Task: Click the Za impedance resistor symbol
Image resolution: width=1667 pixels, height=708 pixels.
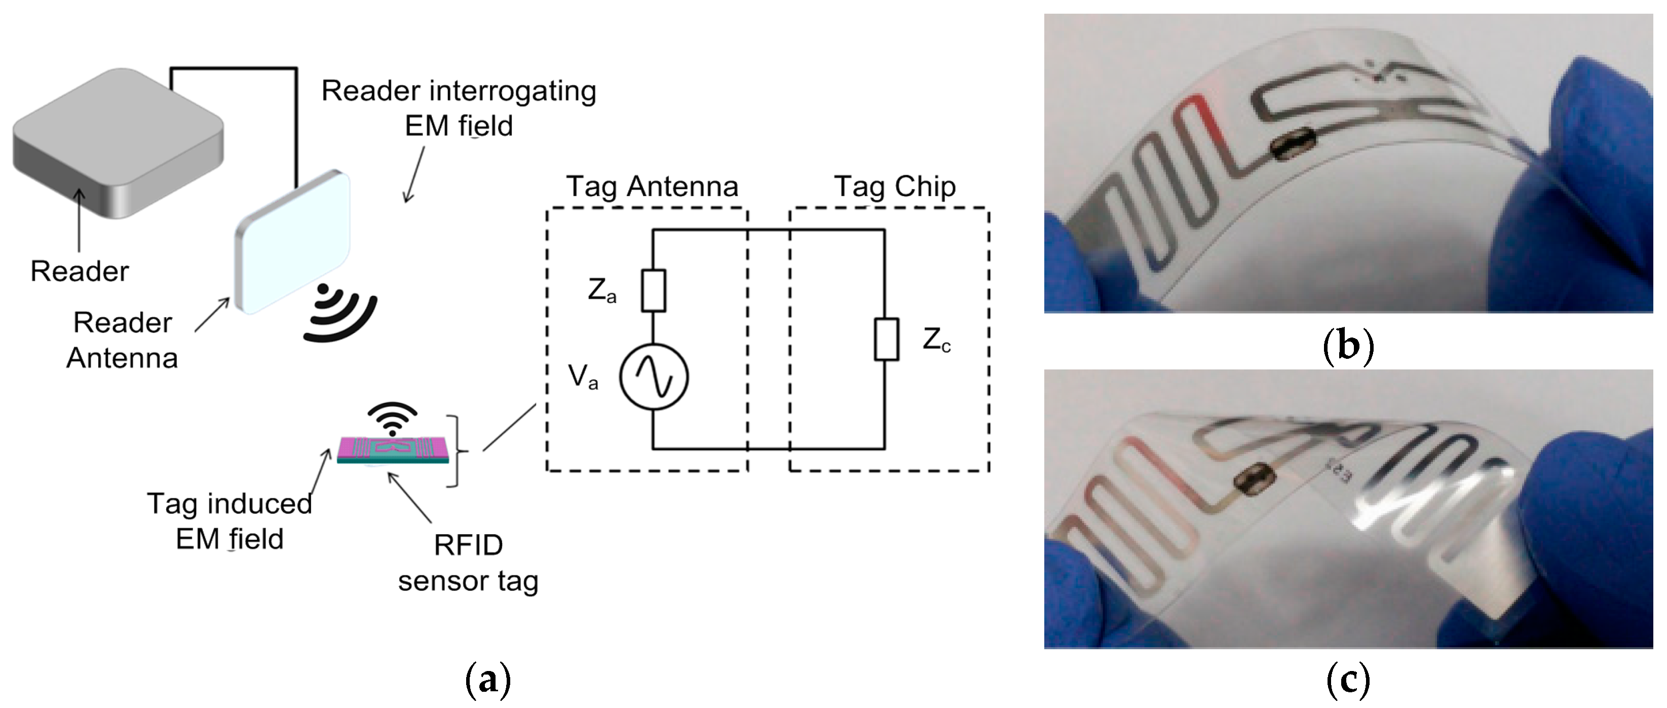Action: point(653,290)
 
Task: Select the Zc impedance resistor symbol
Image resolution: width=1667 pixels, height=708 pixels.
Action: point(885,339)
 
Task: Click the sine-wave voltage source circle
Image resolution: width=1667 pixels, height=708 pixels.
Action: point(653,377)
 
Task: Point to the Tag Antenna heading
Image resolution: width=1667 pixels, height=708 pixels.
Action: point(652,187)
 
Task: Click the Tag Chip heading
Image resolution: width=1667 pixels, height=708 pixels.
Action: point(894,187)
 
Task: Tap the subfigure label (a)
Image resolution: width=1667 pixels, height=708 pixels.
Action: point(488,681)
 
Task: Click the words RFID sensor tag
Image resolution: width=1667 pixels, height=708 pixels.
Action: point(468,563)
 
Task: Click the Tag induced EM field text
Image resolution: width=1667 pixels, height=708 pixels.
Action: point(229,521)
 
